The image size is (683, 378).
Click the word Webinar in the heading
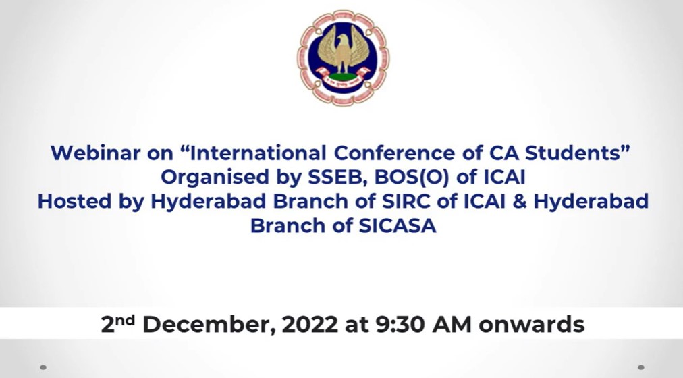[95, 153]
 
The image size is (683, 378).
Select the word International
[257, 153]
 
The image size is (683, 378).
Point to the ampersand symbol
[519, 202]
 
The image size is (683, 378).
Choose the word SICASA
[398, 225]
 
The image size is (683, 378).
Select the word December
[209, 325]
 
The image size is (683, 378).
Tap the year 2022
[310, 325]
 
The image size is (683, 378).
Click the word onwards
[531, 325]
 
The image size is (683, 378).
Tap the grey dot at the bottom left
[43, 367]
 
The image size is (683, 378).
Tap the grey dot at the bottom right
[640, 367]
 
